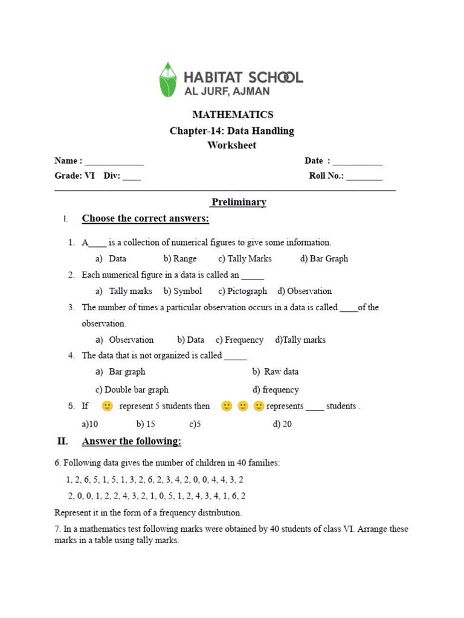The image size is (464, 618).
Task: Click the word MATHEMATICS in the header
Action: coord(233,115)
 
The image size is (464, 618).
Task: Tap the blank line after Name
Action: coord(114,162)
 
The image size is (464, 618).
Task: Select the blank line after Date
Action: coord(358,162)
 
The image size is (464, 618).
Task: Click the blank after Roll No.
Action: coord(364,177)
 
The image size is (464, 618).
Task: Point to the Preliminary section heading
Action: coord(238,202)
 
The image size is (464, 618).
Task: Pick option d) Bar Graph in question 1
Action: coord(324,259)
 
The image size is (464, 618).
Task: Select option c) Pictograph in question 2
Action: coord(242,291)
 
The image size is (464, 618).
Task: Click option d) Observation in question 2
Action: coord(304,291)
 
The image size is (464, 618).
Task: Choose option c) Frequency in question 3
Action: coord(239,340)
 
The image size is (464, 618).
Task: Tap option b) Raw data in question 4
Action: coord(275,372)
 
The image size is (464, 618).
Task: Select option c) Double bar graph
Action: coord(132,390)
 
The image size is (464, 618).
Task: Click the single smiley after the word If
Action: coord(107,406)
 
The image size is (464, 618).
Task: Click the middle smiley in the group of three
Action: coord(243,406)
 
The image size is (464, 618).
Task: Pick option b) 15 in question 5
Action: coord(146,424)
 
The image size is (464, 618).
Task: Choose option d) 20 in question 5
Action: coord(282,424)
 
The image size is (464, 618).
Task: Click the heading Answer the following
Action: coord(131,442)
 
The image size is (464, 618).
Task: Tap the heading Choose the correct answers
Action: coord(145,218)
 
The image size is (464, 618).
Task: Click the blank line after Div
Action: coord(132,177)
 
